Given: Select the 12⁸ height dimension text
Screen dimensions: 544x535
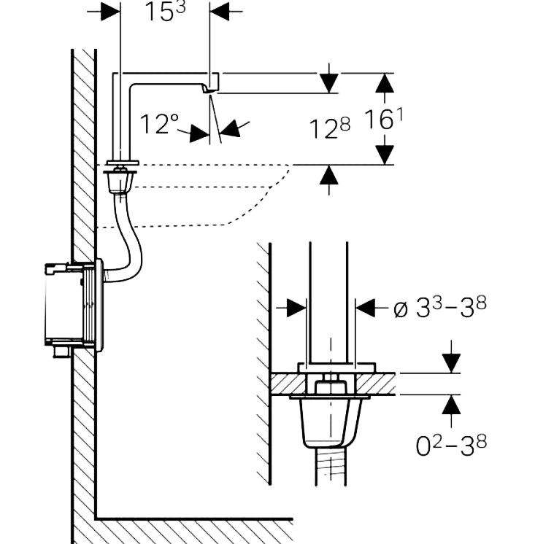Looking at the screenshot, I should click(x=328, y=129).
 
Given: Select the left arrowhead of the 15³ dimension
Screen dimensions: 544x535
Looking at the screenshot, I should click(x=110, y=12).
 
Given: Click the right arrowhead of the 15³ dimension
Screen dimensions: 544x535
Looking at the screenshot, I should click(x=220, y=12).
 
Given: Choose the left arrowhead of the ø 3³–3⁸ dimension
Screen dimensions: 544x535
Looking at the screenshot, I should click(x=296, y=308).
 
